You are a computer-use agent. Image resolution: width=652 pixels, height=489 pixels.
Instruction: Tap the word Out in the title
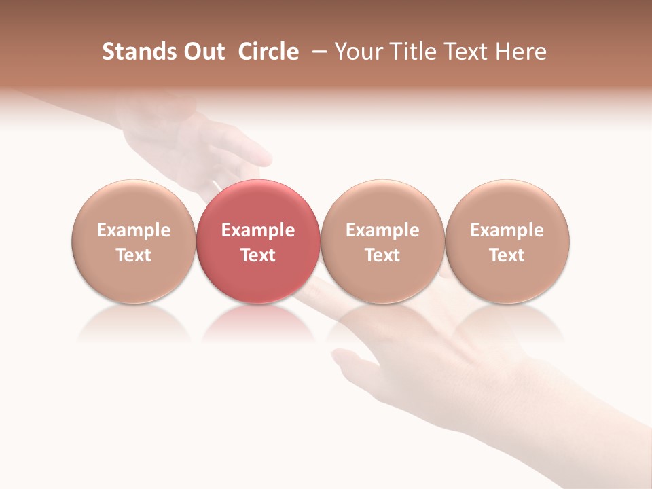(202, 52)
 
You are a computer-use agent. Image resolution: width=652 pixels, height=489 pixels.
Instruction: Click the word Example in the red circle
(258, 230)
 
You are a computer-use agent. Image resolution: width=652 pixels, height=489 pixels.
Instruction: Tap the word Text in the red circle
(258, 255)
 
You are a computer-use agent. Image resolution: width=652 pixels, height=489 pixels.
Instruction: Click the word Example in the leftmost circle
(133, 230)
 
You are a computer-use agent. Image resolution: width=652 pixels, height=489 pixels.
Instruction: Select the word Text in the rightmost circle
(507, 255)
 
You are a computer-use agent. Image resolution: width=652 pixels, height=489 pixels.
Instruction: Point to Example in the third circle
(382, 230)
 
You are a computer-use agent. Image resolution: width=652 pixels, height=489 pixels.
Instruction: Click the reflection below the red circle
(258, 323)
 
